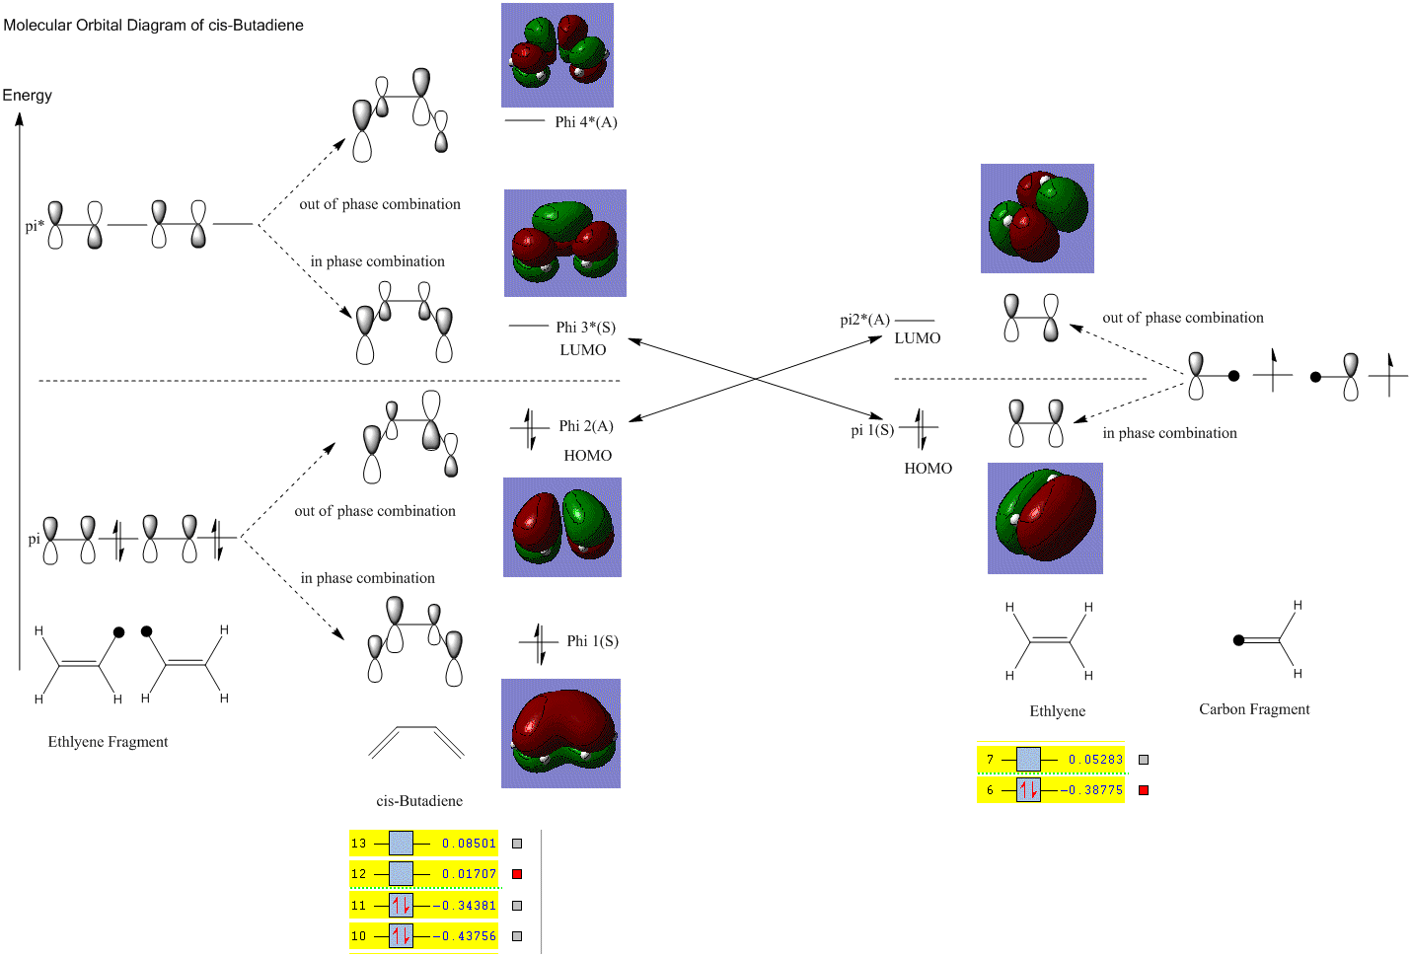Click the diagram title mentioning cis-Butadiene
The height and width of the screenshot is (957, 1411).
click(153, 26)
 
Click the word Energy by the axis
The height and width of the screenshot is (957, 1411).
click(27, 96)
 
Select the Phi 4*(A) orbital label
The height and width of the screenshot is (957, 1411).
click(585, 122)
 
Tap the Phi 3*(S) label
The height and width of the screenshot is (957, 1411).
click(585, 328)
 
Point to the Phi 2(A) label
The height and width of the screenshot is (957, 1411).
click(586, 426)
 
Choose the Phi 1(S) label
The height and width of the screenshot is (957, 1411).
click(592, 641)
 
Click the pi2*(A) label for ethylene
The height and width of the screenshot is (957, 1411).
click(864, 320)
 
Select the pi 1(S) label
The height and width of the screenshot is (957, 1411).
click(872, 430)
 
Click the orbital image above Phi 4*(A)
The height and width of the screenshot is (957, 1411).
click(557, 55)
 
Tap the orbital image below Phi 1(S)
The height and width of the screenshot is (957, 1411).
click(560, 733)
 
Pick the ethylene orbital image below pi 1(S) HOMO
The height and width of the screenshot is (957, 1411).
click(1045, 518)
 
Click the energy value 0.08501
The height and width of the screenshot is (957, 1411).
click(469, 844)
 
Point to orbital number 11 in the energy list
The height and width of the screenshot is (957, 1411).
click(358, 906)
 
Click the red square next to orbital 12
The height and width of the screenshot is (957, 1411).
click(517, 874)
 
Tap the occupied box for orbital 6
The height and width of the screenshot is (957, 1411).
click(1028, 790)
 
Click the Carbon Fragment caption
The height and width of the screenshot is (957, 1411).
click(1254, 709)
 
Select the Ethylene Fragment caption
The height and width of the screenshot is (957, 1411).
click(108, 742)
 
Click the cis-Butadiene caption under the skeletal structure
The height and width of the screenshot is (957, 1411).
click(419, 801)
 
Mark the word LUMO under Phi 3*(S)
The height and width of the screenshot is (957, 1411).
click(583, 350)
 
